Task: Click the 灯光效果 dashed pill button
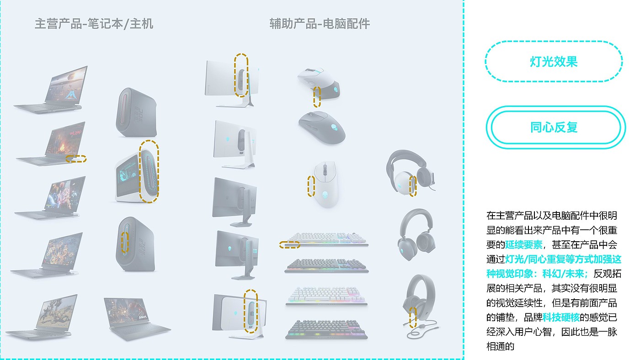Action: click(554, 62)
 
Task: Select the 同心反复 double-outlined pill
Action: click(554, 127)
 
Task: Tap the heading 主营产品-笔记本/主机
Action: click(94, 24)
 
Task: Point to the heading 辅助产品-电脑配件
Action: click(320, 24)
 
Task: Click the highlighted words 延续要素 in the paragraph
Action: click(523, 244)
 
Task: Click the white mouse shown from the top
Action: click(325, 185)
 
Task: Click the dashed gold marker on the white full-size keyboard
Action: click(290, 244)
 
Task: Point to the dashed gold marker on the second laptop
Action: click(76, 159)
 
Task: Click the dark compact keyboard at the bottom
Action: click(326, 329)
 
